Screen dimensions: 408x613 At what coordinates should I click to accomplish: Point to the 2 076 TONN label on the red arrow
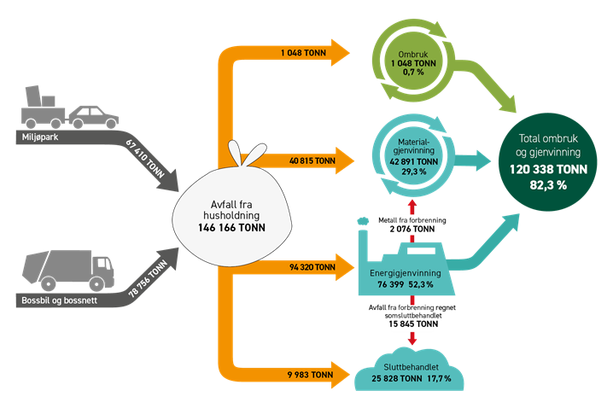coord(413,229)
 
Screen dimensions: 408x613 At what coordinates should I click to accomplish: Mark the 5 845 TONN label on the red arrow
coord(413,324)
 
